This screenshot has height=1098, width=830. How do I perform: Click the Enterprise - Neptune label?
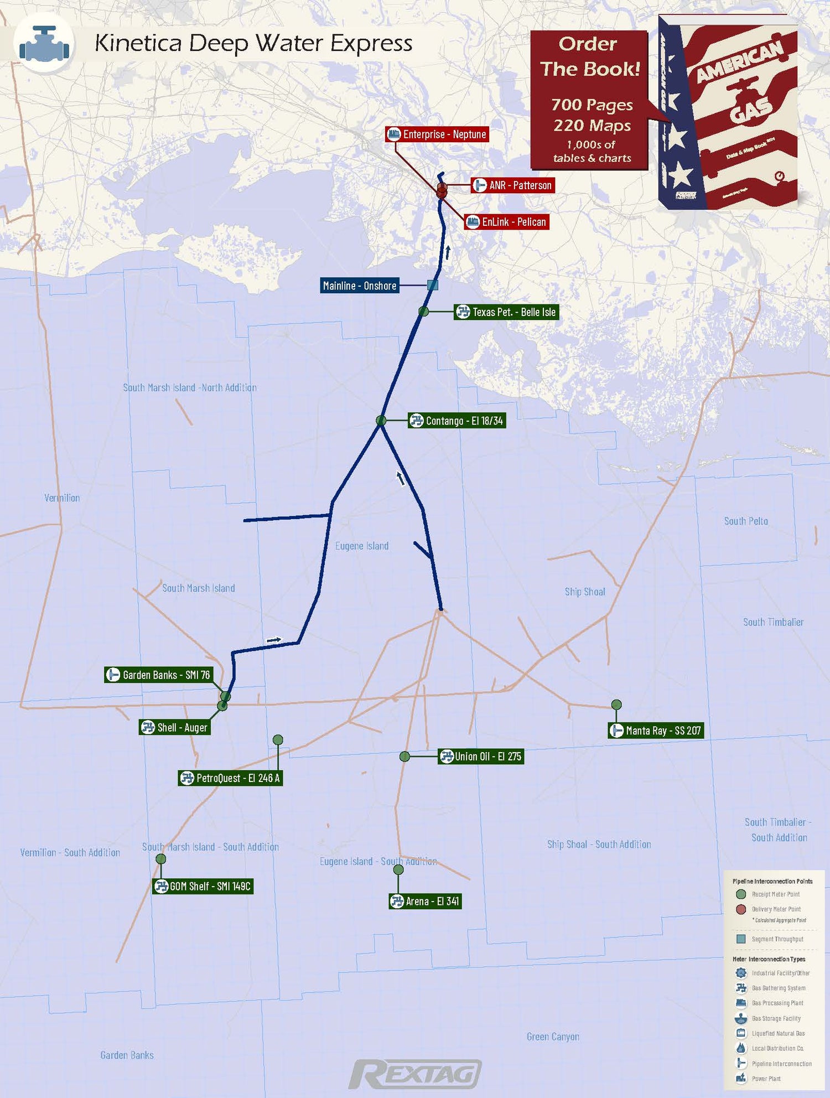coord(437,134)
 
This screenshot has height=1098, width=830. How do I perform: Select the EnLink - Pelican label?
coord(506,222)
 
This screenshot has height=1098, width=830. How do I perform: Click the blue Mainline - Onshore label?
coord(360,286)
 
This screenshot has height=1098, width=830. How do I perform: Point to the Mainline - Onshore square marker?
coord(433,285)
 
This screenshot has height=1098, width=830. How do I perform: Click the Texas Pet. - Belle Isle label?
coord(506,312)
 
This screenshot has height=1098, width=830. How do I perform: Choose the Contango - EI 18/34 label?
coord(456,421)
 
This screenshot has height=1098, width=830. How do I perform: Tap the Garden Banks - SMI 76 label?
coord(159,675)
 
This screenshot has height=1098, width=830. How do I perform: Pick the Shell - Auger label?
coord(175,727)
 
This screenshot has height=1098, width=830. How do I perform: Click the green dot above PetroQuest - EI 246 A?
coord(278,740)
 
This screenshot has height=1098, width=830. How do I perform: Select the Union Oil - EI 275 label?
coord(481,757)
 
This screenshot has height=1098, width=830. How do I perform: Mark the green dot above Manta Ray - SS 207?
coord(616,705)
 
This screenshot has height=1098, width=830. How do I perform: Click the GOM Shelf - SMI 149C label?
coord(203,886)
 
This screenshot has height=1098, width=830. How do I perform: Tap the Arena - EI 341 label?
coord(425,901)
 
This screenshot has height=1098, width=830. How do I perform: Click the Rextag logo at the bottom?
coord(415,1074)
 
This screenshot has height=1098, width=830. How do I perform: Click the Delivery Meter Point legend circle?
coord(741,909)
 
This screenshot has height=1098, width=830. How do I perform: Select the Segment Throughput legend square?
coord(741,939)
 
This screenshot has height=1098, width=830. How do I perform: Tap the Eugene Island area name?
coord(362,546)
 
